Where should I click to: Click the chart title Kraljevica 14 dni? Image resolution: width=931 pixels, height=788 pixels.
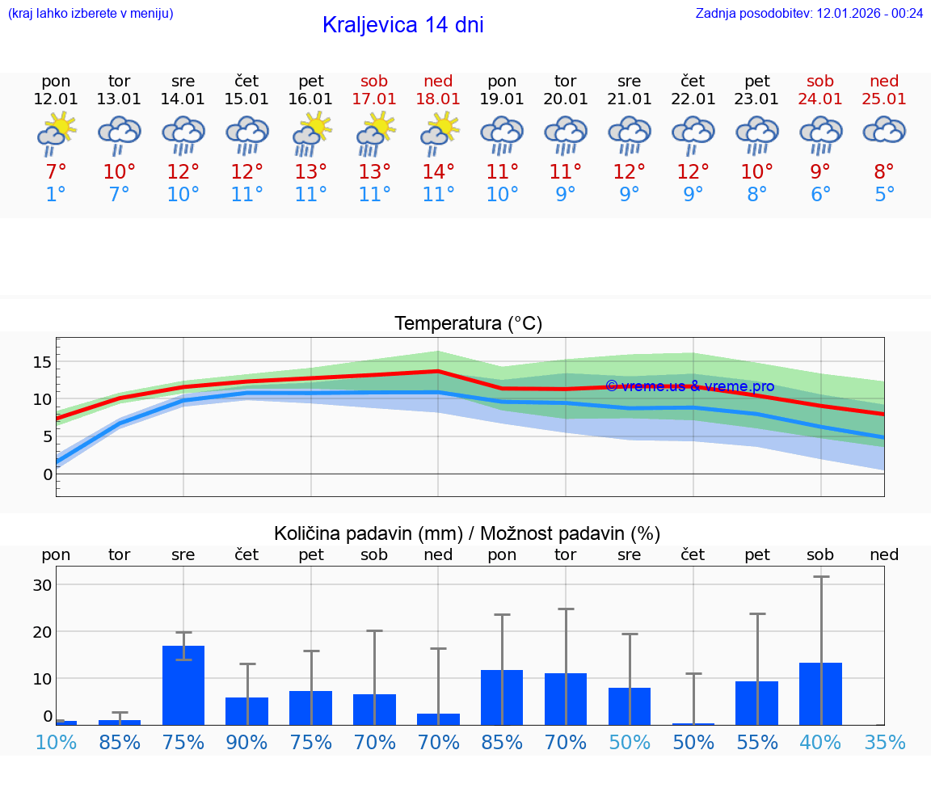tap(402, 25)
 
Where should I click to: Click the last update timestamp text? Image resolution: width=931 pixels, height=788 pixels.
tap(809, 13)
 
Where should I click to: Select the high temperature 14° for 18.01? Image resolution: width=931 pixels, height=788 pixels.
tap(438, 171)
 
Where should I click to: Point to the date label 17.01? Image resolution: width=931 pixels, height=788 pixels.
tap(374, 99)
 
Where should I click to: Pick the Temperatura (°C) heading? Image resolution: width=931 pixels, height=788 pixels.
tap(468, 324)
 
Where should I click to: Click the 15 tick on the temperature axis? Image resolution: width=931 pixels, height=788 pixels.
tap(42, 361)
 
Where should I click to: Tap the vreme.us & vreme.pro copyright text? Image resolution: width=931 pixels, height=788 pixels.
tap(689, 386)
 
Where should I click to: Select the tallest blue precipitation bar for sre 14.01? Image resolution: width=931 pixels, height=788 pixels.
tap(183, 685)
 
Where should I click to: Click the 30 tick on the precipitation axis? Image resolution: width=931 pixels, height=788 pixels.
tap(42, 584)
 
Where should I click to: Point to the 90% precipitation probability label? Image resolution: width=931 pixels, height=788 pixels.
tap(246, 742)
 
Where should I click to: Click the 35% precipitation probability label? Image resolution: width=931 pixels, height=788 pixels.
tap(884, 742)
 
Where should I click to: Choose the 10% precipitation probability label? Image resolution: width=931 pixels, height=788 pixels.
tap(56, 742)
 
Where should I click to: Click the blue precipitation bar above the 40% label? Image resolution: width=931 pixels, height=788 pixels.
tap(820, 693)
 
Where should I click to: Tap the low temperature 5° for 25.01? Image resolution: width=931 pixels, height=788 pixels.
tap(884, 195)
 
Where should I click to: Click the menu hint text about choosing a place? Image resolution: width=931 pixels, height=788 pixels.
tap(91, 13)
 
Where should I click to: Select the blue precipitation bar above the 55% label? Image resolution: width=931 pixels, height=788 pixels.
tap(756, 702)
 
